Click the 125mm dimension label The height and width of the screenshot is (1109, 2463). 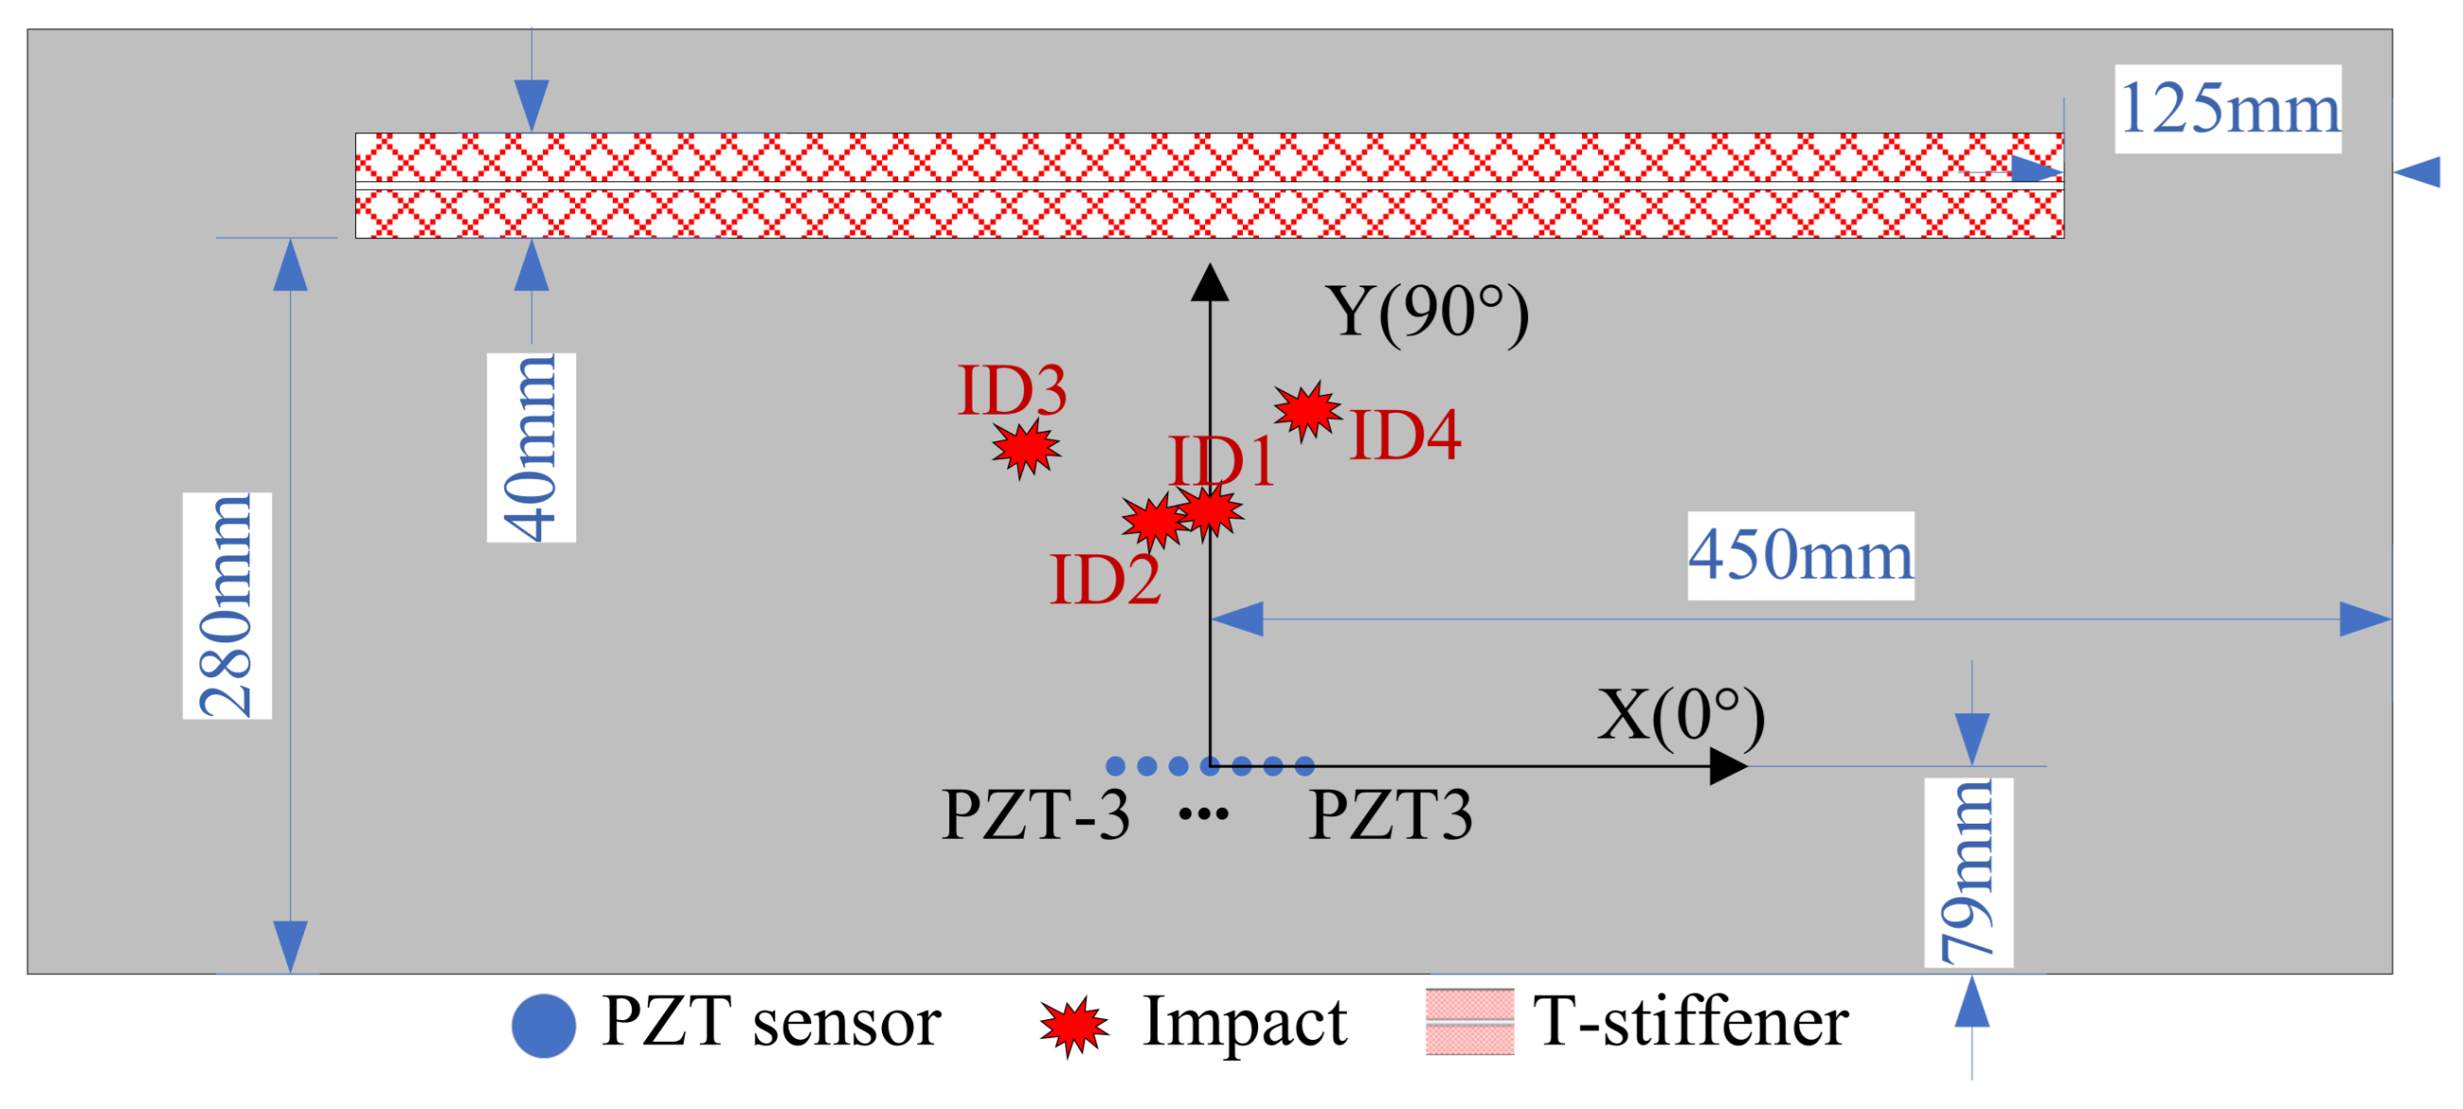tap(2228, 108)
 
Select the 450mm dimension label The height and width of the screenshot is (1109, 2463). tap(1800, 555)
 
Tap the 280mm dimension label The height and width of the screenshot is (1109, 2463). tap(228, 606)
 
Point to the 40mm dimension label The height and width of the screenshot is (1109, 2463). tap(531, 448)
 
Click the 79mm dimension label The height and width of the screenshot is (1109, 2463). tap(1969, 872)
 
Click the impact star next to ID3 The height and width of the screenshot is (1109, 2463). tap(1025, 448)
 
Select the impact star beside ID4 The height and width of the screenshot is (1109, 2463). tap(1306, 410)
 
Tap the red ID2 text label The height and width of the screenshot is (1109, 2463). tap(1105, 579)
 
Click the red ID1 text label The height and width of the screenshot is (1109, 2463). tap(1221, 461)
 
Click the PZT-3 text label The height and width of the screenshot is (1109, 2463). tap(1035, 814)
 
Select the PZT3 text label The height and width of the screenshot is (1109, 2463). tap(1390, 814)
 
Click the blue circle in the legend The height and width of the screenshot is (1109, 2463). tap(543, 1026)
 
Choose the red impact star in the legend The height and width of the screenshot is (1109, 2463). tap(1074, 1026)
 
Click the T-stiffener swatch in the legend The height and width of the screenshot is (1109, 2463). tap(1469, 1022)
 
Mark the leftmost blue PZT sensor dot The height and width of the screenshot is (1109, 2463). tap(1114, 766)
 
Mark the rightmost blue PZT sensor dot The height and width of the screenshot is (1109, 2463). tap(1304, 766)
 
